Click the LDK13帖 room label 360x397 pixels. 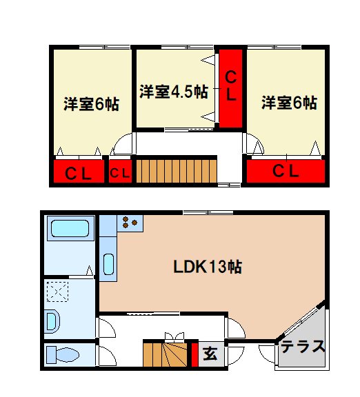click(x=211, y=267)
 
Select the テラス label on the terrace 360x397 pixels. click(x=303, y=347)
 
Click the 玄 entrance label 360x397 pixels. click(x=211, y=355)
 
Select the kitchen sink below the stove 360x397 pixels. click(x=109, y=265)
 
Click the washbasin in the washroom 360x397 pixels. click(x=52, y=320)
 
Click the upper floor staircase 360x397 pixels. click(x=176, y=170)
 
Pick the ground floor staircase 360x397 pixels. click(x=166, y=354)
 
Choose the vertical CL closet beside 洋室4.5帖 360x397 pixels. click(x=231, y=86)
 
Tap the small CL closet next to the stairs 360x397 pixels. click(x=119, y=172)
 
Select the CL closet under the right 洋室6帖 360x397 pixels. click(x=285, y=172)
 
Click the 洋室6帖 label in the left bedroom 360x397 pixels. click(x=91, y=105)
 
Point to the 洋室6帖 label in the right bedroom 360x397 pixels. click(x=289, y=103)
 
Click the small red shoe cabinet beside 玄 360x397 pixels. click(x=194, y=354)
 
